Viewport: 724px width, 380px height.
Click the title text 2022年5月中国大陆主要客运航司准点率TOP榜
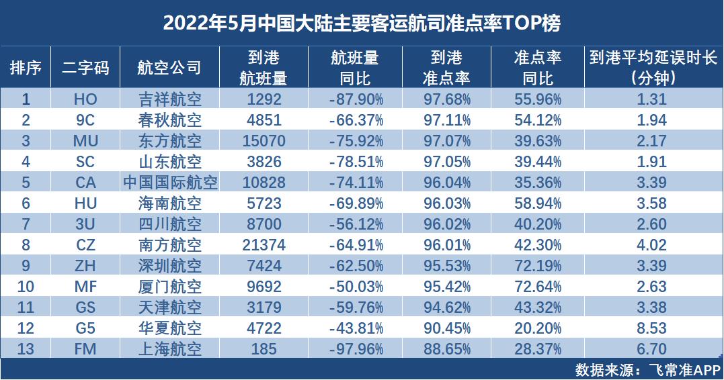coord(362,23)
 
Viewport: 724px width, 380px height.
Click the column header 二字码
coord(85,67)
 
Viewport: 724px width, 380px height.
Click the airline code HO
coord(85,100)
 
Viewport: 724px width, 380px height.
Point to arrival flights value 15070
coord(264,142)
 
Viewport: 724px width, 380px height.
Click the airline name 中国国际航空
coord(170,183)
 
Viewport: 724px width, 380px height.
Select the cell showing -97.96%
coord(356,349)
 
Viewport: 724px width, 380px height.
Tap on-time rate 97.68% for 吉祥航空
coord(446,100)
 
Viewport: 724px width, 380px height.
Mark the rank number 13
coord(26,349)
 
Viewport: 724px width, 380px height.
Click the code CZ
coord(85,246)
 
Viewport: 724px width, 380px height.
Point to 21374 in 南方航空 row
coord(264,246)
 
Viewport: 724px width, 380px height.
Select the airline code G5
coord(85,328)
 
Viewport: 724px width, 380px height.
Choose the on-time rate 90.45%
coord(446,328)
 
